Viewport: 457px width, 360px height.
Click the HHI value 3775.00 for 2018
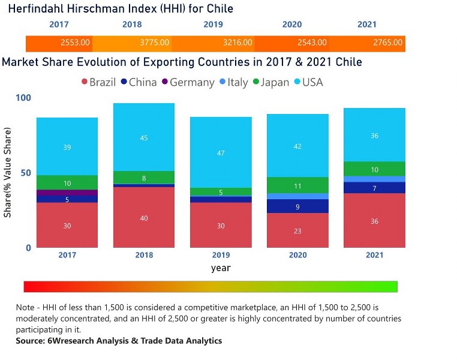coord(155,43)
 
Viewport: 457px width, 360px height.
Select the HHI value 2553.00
coord(76,43)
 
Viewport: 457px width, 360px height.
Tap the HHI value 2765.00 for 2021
coord(388,43)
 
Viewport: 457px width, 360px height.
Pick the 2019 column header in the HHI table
coord(213,25)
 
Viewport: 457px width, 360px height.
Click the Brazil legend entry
coord(98,82)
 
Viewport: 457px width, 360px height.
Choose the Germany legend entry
coord(187,82)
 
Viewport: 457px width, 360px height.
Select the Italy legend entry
coord(233,82)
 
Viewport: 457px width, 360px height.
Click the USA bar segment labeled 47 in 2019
coord(221,152)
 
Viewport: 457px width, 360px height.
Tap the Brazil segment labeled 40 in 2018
coord(144,218)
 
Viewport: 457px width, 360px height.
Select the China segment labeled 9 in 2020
coord(297,206)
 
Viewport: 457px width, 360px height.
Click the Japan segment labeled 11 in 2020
coord(297,185)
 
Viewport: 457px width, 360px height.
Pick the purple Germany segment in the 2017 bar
coord(67,193)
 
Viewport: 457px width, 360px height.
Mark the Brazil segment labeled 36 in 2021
coord(374,221)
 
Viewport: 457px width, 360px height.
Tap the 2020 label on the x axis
coord(297,255)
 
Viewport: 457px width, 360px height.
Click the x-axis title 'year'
coord(221,268)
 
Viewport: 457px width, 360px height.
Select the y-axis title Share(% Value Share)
coord(8,173)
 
